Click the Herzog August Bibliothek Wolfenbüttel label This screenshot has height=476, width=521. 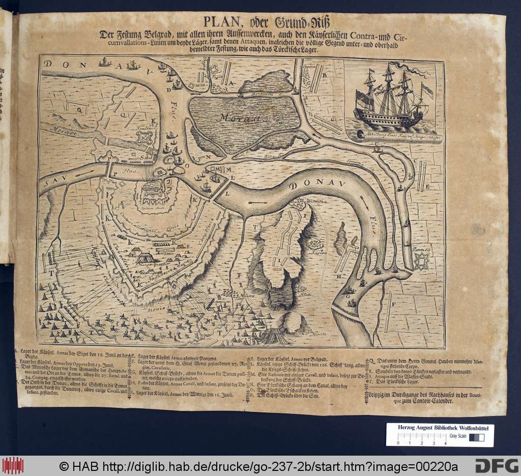point(439,429)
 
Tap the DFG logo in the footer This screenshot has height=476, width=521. point(496,465)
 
